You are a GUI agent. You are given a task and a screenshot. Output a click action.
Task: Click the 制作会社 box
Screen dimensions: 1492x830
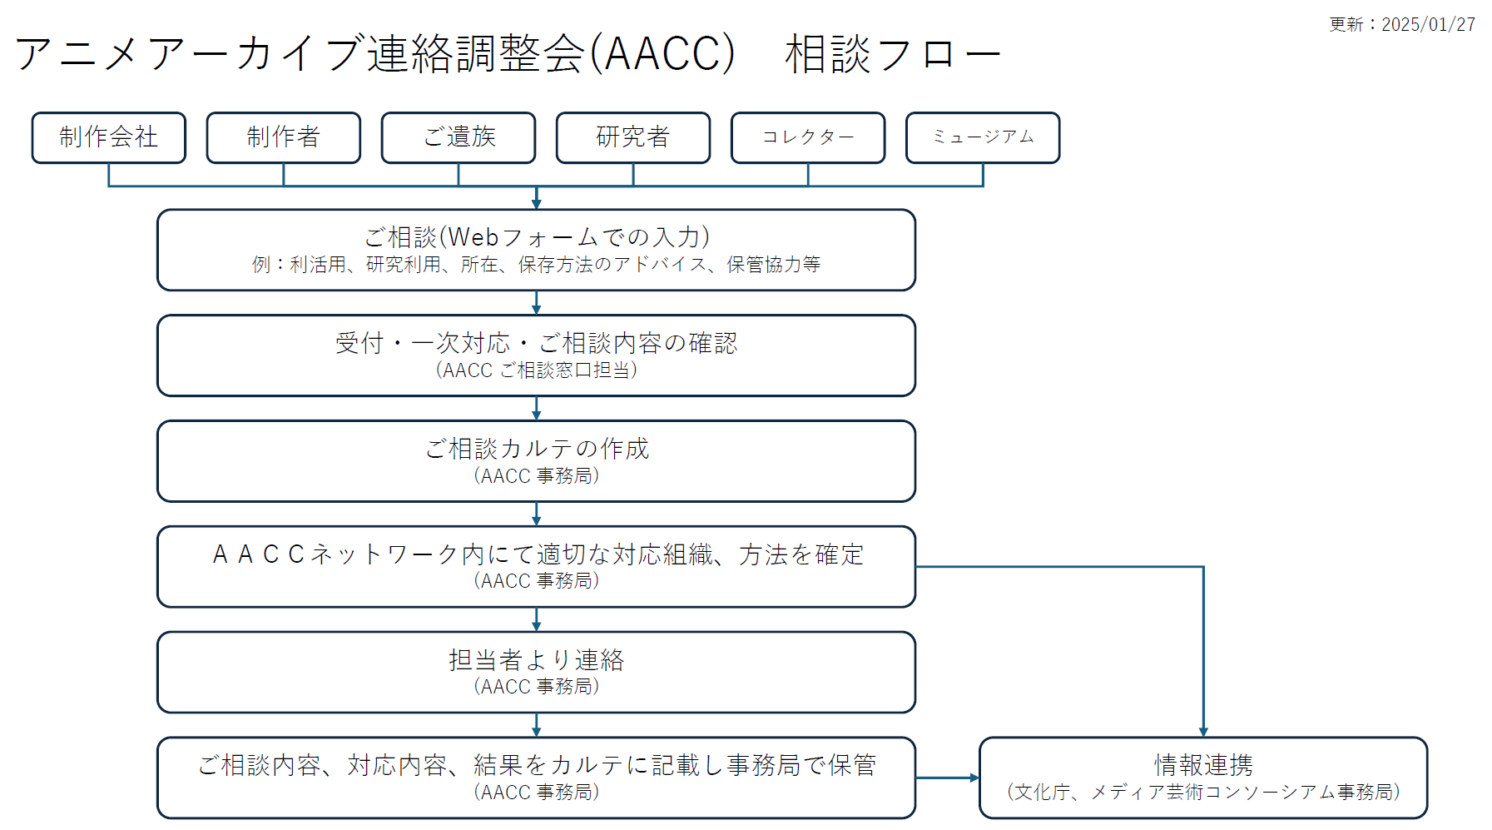point(108,137)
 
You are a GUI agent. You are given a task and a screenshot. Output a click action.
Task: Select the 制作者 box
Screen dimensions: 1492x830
point(283,137)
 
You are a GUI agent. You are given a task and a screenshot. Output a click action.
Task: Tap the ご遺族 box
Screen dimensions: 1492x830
point(459,137)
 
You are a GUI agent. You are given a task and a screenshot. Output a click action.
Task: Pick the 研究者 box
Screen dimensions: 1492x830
point(633,137)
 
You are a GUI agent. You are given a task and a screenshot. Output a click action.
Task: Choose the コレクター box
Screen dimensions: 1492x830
point(808,137)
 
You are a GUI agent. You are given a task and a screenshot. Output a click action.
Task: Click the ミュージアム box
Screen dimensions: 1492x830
point(983,137)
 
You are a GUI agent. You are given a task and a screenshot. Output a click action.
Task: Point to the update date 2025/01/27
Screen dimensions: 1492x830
point(1428,25)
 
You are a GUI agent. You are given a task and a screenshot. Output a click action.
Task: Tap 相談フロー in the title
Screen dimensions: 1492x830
point(893,54)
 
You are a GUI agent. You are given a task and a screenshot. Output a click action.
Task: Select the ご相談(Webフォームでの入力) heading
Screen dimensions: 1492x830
point(537,237)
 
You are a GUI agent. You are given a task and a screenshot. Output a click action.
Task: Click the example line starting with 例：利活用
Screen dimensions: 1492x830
point(537,265)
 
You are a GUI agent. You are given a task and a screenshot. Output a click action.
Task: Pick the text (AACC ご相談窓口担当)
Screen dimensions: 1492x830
point(537,370)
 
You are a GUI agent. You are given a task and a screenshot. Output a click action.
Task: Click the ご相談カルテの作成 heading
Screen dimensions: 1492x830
point(537,449)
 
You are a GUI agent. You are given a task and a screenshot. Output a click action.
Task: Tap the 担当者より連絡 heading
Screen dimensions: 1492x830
point(537,660)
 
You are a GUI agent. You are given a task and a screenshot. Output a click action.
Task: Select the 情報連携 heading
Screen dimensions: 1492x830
point(1203,765)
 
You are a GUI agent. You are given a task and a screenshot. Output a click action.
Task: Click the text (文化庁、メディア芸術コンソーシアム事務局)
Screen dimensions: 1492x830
point(1203,792)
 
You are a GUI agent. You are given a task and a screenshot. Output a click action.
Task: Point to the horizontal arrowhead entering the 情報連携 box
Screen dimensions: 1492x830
point(974,778)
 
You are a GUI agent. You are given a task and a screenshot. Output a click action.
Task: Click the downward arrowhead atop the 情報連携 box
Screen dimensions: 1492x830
point(1203,732)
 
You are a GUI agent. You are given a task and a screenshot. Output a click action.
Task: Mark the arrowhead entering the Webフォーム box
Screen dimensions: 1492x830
point(537,204)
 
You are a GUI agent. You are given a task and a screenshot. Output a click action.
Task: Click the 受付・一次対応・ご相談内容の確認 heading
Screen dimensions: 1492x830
point(537,343)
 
